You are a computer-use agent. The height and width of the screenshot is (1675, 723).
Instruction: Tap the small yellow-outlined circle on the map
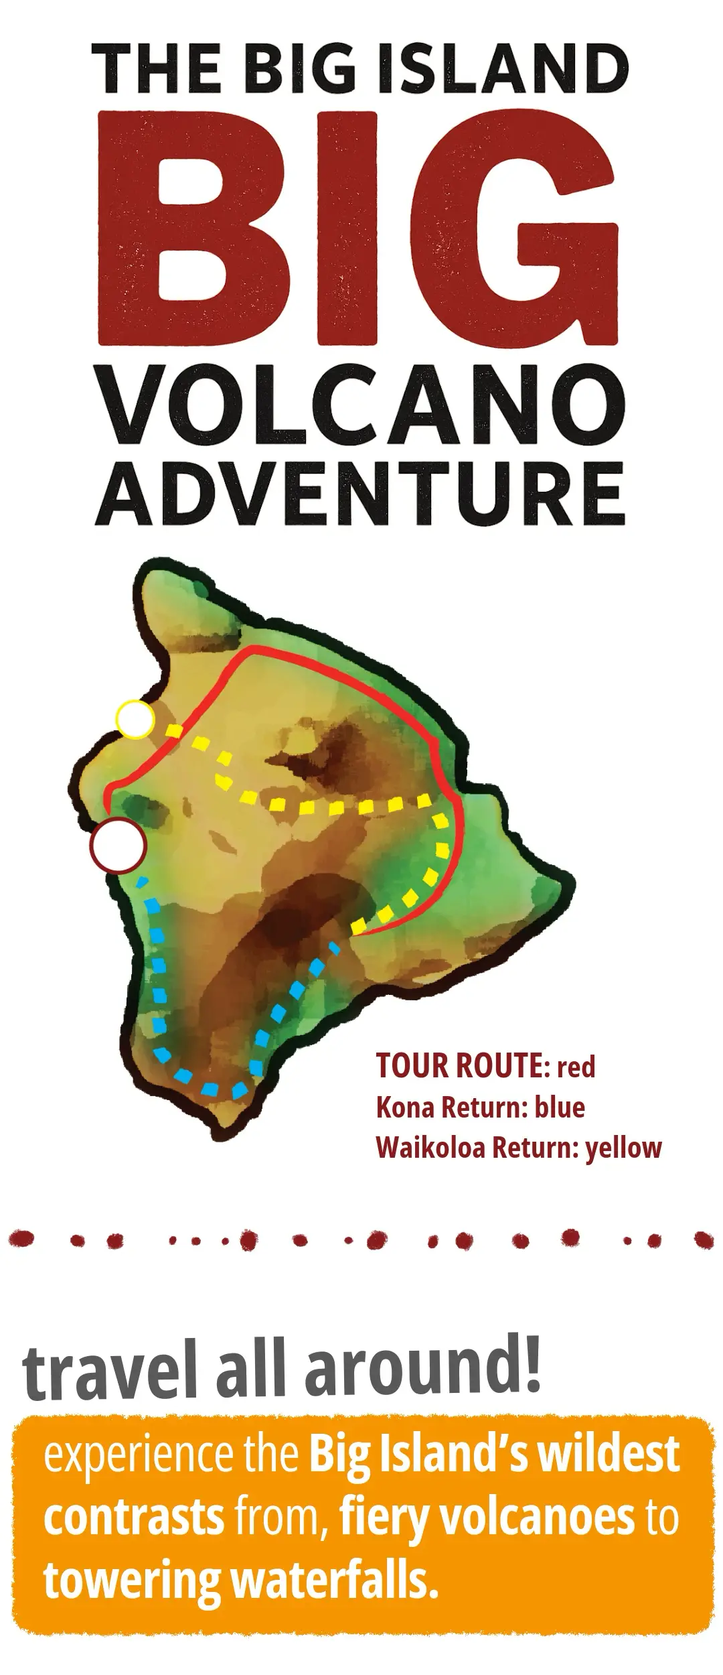click(135, 719)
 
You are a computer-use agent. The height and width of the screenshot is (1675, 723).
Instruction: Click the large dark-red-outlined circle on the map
click(118, 846)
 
